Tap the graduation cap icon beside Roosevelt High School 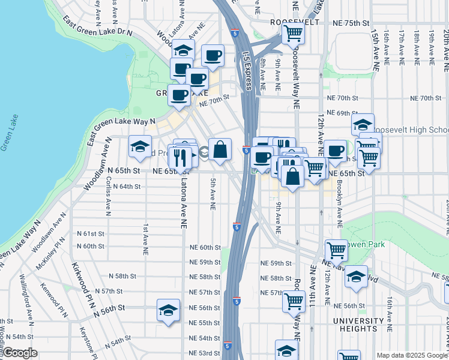[363, 125]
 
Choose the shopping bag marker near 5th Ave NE [220, 149]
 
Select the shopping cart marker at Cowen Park [336, 250]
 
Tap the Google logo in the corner [20, 353]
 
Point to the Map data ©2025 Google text [412, 355]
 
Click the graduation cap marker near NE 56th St [169, 310]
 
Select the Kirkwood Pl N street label [83, 281]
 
